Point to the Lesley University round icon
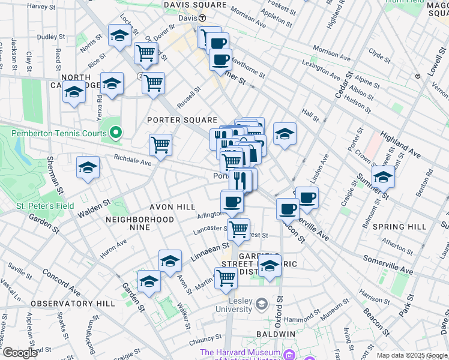click(x=261, y=305)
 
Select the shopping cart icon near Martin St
click(x=226, y=277)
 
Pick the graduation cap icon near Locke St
click(x=119, y=35)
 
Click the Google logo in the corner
click(x=20, y=353)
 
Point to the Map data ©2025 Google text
click(x=412, y=355)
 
